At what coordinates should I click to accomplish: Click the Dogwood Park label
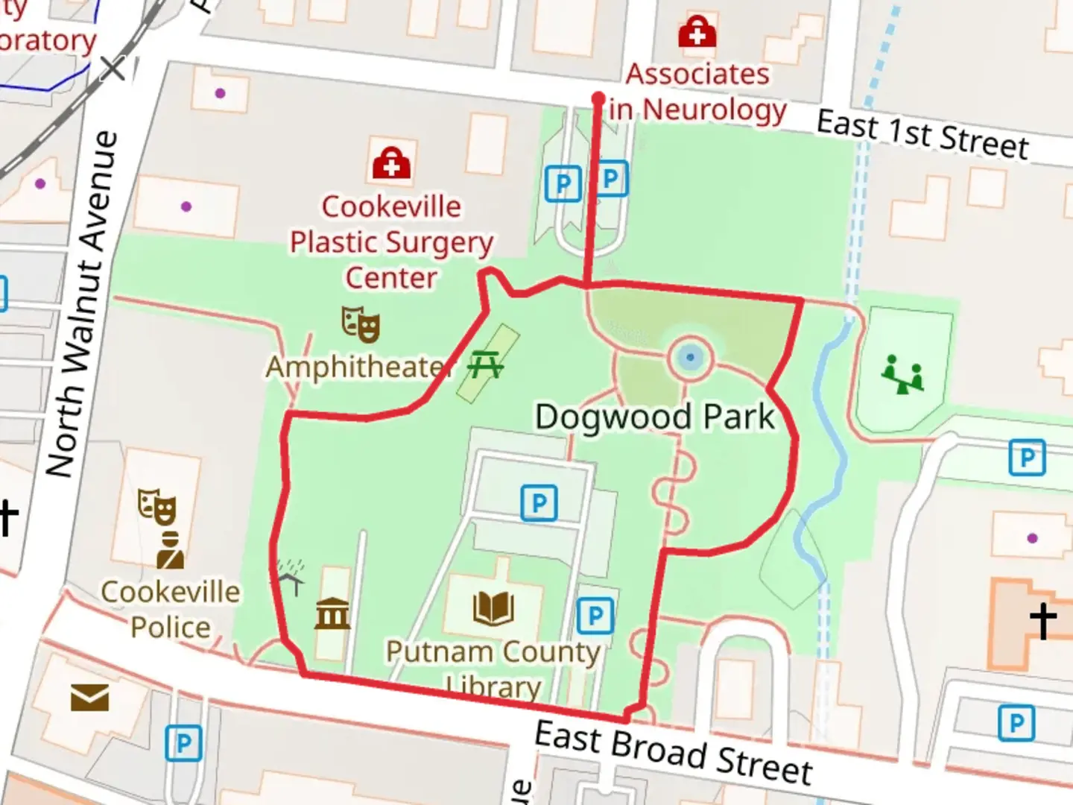(655, 417)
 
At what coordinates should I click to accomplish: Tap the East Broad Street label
(674, 753)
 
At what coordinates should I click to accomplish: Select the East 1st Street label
(922, 135)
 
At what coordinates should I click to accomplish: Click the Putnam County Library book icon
(493, 608)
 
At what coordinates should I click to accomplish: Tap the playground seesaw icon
(902, 374)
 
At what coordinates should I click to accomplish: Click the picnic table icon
(485, 365)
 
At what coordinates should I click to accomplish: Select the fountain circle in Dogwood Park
(691, 358)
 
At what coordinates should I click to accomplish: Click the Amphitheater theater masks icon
(361, 324)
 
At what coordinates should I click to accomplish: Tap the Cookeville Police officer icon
(171, 550)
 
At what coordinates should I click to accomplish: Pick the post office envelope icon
(89, 698)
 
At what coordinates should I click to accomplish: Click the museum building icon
(332, 614)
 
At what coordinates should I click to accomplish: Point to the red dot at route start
(598, 98)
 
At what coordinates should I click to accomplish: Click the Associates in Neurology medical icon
(697, 31)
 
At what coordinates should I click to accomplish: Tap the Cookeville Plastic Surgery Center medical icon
(391, 163)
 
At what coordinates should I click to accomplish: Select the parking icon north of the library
(539, 503)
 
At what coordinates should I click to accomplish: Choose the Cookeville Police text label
(171, 610)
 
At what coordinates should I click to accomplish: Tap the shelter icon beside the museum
(290, 575)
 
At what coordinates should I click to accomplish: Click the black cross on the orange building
(1043, 620)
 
